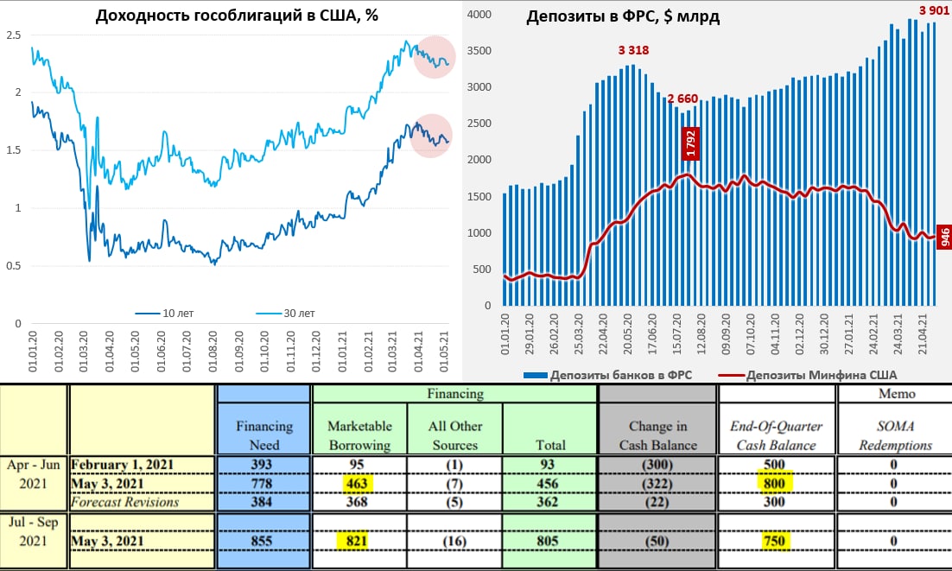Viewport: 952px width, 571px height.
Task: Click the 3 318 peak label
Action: click(633, 50)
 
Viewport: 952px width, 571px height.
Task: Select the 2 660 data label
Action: click(682, 98)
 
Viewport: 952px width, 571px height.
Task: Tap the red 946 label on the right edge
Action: click(944, 234)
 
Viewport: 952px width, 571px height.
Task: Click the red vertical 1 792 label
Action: click(690, 143)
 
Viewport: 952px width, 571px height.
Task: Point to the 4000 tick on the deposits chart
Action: click(479, 15)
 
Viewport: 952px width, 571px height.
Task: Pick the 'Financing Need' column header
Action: click(263, 435)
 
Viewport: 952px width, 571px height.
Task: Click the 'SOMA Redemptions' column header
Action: click(893, 435)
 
